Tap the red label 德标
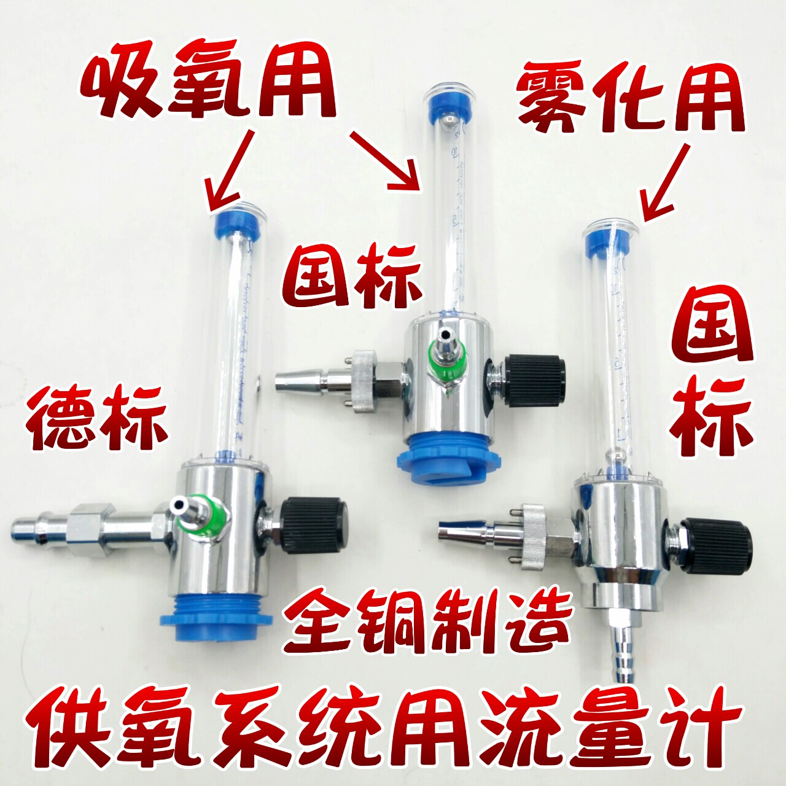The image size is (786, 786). (x=96, y=418)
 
